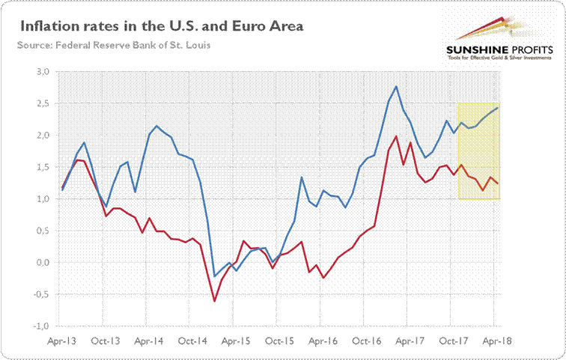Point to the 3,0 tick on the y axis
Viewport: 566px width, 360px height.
pos(42,72)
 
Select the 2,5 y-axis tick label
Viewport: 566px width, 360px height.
pos(42,104)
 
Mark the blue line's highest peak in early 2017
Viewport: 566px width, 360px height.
pos(395,87)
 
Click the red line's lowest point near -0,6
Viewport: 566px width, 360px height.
pos(215,301)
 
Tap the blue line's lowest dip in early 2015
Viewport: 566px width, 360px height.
pos(215,276)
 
